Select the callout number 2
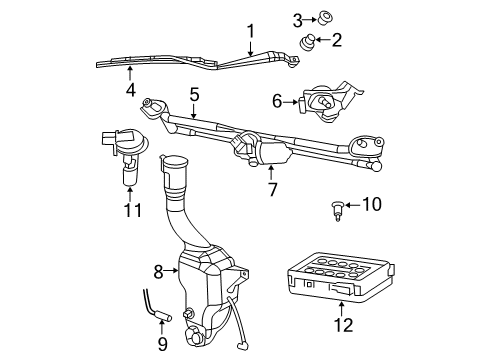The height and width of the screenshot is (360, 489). pos(337,40)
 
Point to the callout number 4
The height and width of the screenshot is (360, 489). pos(130,90)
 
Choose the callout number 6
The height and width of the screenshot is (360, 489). pos(277,100)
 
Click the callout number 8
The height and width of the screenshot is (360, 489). pos(158,270)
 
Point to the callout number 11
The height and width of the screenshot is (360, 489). pos(127,212)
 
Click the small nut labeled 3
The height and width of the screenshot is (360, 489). pos(325,17)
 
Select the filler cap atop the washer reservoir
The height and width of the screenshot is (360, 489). pos(175,163)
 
